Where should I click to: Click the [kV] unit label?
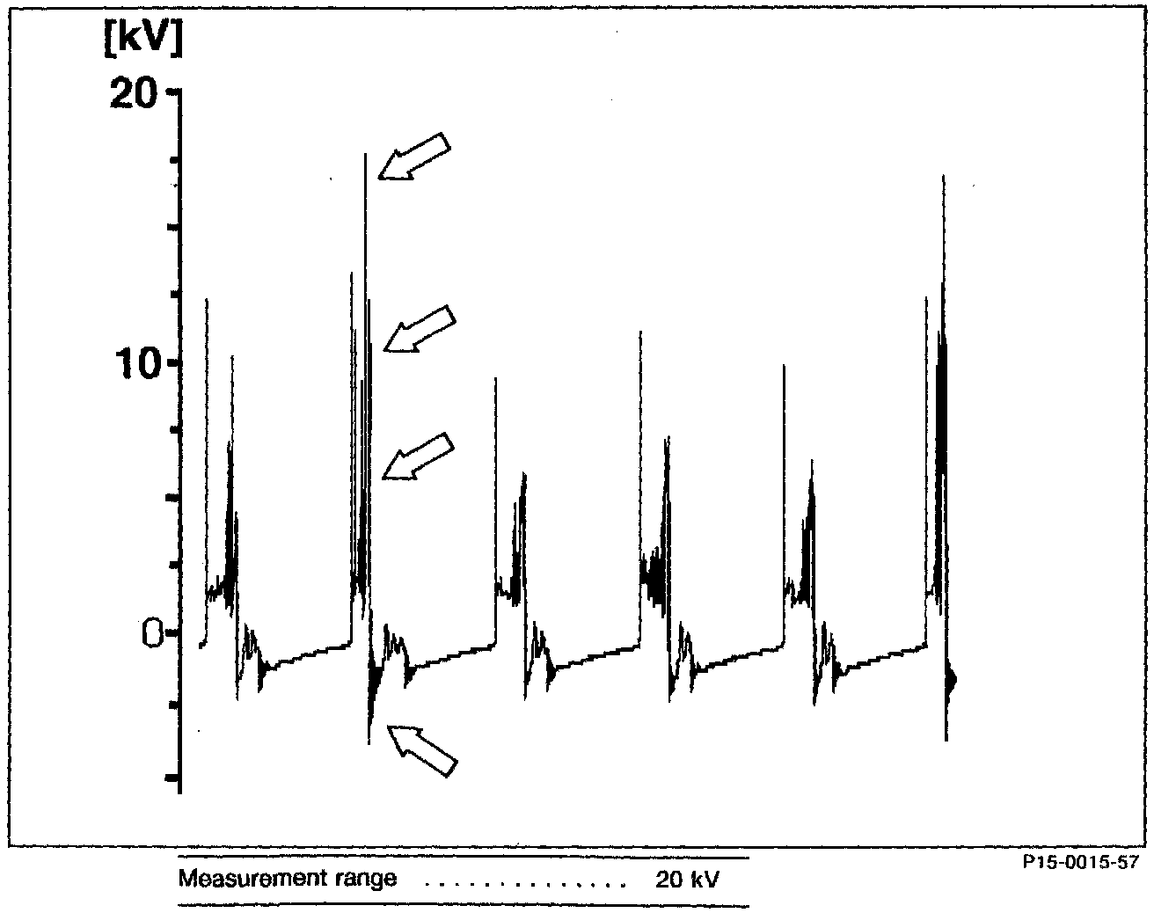pos(142,40)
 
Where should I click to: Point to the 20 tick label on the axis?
pos(133,93)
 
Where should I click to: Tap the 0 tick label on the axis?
pos(152,632)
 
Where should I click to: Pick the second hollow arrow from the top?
pos(420,329)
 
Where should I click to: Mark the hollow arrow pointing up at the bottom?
pos(422,750)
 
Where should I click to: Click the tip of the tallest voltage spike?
pos(365,155)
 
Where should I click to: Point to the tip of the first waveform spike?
pos(207,300)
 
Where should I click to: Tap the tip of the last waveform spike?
pos(944,177)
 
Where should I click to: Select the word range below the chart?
pos(362,878)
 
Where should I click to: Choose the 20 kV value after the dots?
pos(686,879)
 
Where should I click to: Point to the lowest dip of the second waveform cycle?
pos(369,744)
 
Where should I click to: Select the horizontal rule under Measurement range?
pos(464,905)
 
